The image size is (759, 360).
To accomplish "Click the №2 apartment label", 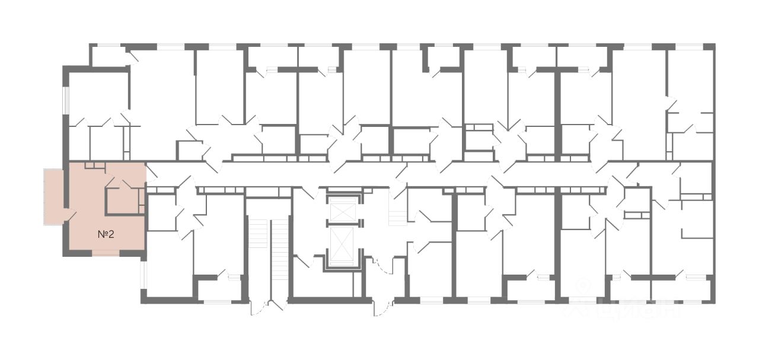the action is click(106, 234).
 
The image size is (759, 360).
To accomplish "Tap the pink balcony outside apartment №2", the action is click(54, 196).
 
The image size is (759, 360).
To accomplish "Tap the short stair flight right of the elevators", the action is click(397, 212).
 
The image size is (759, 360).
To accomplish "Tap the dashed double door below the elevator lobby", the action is click(384, 305).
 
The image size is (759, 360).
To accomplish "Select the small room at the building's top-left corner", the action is click(110, 56).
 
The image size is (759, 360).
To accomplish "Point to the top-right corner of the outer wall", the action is click(713, 46).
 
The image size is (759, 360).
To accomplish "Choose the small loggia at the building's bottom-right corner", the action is click(682, 290).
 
